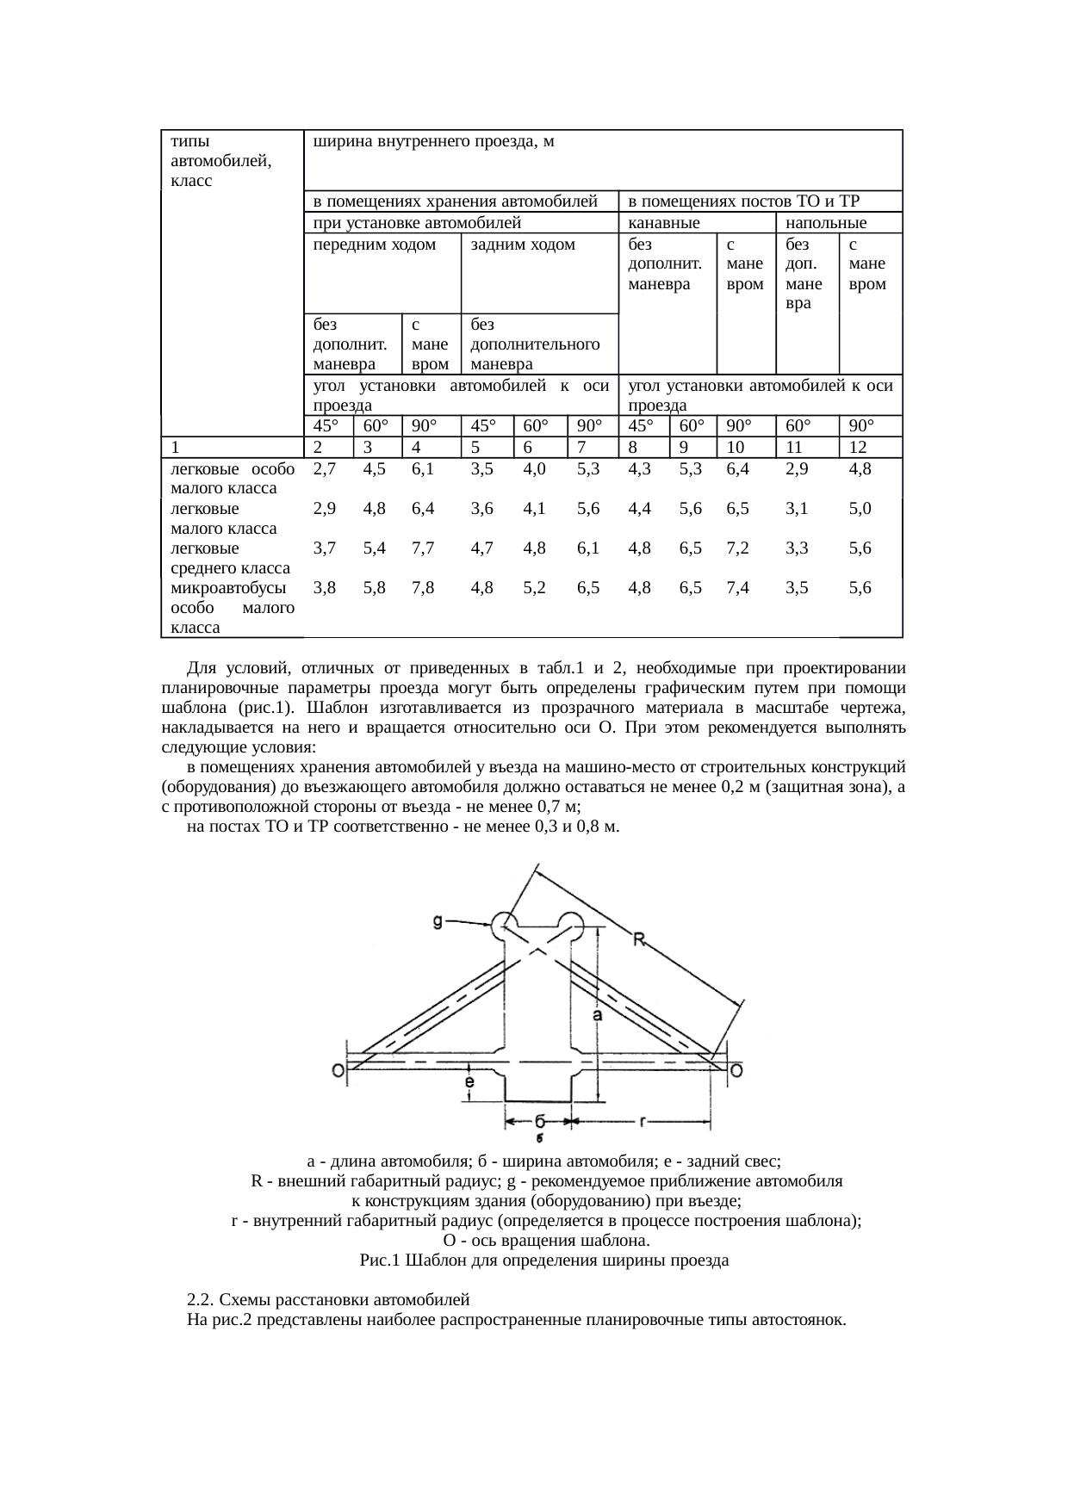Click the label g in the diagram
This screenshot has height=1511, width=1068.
(x=438, y=922)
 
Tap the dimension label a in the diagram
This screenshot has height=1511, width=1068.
(x=596, y=1017)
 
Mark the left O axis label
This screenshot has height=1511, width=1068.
(x=338, y=1070)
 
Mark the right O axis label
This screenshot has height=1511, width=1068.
(x=737, y=1070)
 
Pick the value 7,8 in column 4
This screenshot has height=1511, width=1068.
(x=422, y=588)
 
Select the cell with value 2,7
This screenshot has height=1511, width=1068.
(x=324, y=469)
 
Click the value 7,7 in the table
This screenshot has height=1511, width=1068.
(x=422, y=548)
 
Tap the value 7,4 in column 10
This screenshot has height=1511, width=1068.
(x=738, y=588)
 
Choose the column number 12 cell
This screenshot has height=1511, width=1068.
(x=858, y=448)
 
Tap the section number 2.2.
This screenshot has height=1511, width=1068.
(x=203, y=1298)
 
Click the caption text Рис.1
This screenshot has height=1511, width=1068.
(x=379, y=1260)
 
